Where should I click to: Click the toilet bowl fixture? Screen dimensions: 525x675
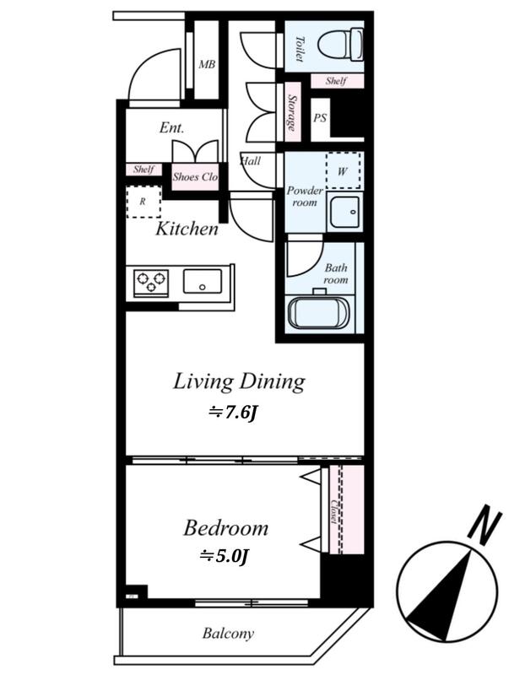pos(341,45)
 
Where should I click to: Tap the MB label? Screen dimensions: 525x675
pos(207,65)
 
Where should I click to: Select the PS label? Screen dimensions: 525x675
pos(320,118)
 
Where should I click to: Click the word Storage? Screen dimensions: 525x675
pos(292,113)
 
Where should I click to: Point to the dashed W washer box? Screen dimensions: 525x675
pos(344,170)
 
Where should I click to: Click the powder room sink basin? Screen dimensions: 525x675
pos(344,213)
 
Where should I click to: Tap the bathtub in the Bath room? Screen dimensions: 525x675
pos(320,312)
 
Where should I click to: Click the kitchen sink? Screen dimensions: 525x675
pos(203,282)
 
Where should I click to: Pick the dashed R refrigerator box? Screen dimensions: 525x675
pos(143,202)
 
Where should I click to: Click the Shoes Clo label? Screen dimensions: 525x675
pos(195,176)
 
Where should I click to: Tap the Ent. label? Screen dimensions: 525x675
pos(171,127)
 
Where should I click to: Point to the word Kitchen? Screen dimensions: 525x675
pos(187,229)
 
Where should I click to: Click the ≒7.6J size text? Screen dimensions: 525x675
pos(233,413)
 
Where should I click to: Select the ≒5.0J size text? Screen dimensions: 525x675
pos(224,557)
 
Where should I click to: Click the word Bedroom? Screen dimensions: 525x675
pos(225,528)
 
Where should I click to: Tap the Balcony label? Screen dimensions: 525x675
pos(228,634)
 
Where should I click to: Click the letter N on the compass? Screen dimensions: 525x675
pos(486,525)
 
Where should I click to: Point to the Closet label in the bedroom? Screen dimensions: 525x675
pos(333,511)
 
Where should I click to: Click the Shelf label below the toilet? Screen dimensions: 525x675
pos(337,81)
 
